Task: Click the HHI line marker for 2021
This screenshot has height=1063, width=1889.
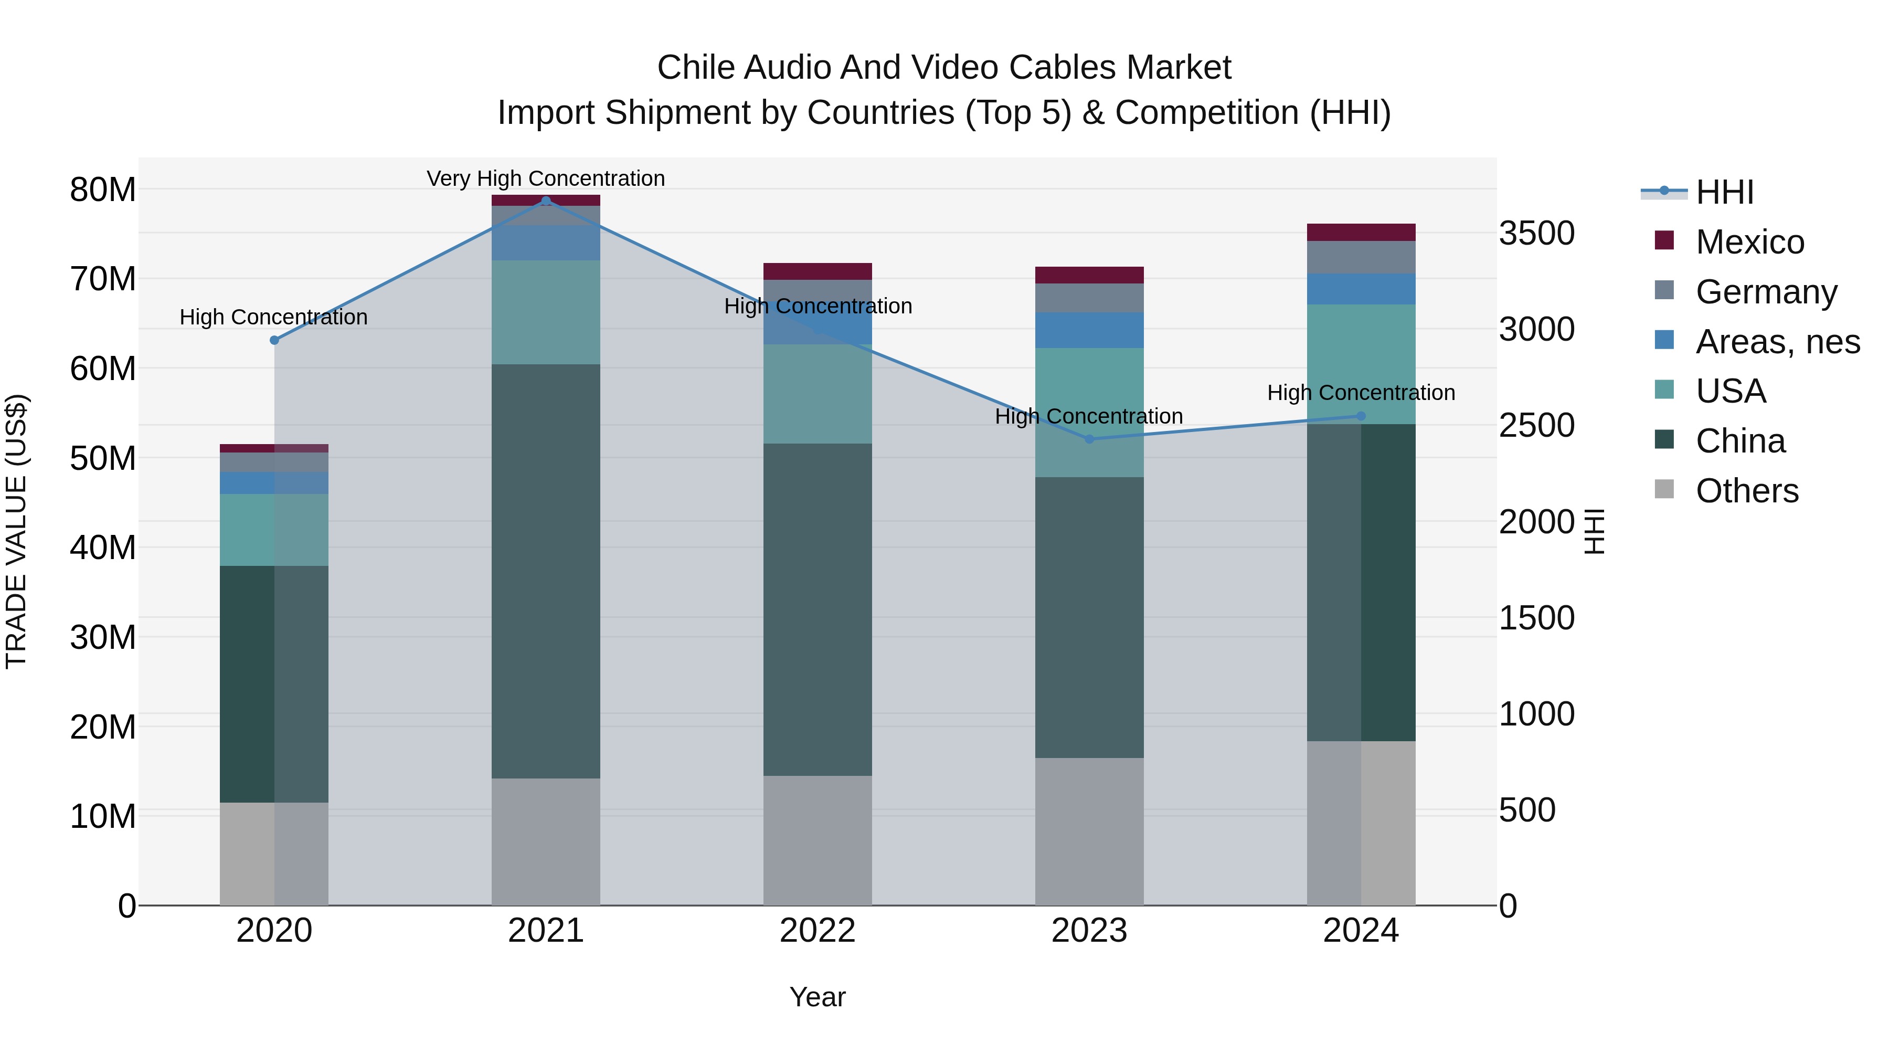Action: click(x=546, y=201)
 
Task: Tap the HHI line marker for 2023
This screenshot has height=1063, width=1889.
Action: click(x=1089, y=439)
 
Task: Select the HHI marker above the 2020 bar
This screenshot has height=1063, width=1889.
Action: click(x=274, y=340)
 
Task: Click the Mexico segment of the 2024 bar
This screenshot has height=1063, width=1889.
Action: click(x=1361, y=233)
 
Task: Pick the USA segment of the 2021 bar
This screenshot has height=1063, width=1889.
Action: click(x=546, y=312)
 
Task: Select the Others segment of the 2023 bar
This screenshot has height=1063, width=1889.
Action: click(x=1089, y=831)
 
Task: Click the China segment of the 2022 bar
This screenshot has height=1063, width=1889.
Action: click(x=818, y=609)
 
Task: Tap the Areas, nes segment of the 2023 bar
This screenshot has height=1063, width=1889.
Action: click(x=1089, y=330)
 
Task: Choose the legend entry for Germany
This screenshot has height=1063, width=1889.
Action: click(x=1766, y=292)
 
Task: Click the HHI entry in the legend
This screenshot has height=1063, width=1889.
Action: click(x=1723, y=192)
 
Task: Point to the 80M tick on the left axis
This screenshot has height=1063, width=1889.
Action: click(x=103, y=190)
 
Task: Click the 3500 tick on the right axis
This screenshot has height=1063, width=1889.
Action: click(x=1536, y=233)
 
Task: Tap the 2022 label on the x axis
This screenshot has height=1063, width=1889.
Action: click(x=818, y=931)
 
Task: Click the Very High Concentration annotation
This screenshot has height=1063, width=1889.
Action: click(x=546, y=178)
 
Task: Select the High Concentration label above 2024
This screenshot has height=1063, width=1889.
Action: click(x=1361, y=393)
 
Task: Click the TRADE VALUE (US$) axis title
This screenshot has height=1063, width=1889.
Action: click(x=16, y=531)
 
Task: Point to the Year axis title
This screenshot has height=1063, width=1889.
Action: click(x=818, y=997)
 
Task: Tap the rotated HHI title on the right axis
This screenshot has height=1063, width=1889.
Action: click(x=1594, y=531)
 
